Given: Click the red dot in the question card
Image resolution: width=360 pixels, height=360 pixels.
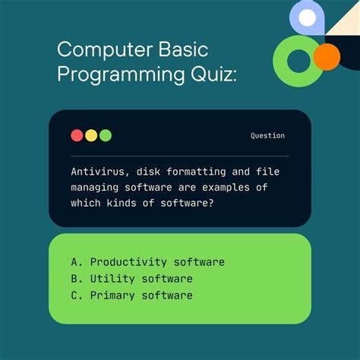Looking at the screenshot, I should pos(77,135).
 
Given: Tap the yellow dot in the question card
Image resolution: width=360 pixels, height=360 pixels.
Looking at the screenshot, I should pos(91,135).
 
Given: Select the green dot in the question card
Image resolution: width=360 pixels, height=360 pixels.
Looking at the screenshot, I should pos(106,135).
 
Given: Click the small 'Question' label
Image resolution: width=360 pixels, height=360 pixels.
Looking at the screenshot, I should pos(267,136).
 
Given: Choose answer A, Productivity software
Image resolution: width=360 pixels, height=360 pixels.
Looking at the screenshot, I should pos(147,262).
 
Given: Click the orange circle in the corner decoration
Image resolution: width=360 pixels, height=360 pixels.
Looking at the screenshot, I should pos(327,57).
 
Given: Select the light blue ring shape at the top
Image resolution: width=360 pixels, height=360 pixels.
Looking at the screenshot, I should pos(307,18).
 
